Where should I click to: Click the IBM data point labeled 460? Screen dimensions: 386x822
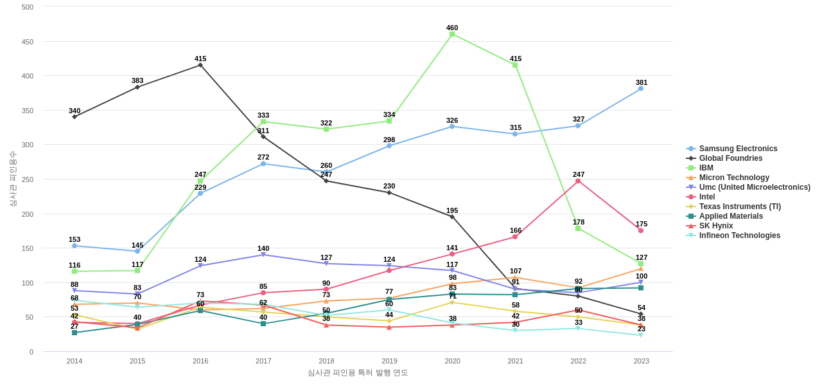(x=452, y=34)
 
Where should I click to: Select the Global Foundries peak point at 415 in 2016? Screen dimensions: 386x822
(x=200, y=65)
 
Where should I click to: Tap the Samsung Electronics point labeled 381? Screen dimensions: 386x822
(x=641, y=89)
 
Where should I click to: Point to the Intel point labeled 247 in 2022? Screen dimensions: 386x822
(x=578, y=181)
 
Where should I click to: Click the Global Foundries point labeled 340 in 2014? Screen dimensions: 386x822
(x=74, y=116)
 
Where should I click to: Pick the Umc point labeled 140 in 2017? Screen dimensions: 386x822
(x=263, y=255)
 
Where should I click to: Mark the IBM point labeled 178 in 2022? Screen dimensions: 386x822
(x=578, y=228)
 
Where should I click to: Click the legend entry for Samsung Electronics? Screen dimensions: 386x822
(x=738, y=149)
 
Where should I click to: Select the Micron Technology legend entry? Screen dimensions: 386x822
(x=734, y=178)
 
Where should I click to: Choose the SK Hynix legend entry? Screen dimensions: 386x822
(x=716, y=226)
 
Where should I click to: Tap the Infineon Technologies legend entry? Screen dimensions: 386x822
(x=739, y=235)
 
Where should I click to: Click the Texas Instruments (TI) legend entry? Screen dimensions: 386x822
(x=740, y=207)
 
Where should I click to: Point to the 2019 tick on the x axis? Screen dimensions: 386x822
(x=389, y=361)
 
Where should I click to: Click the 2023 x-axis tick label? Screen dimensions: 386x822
(x=641, y=361)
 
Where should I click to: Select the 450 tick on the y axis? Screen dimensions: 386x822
(x=28, y=42)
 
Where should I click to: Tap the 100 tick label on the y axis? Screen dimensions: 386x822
(x=28, y=283)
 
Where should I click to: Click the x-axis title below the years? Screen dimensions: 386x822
(x=358, y=372)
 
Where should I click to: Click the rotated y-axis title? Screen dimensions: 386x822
(x=13, y=179)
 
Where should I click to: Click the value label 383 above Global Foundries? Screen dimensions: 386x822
(x=137, y=80)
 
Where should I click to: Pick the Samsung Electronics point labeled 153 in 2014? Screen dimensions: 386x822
(x=74, y=246)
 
